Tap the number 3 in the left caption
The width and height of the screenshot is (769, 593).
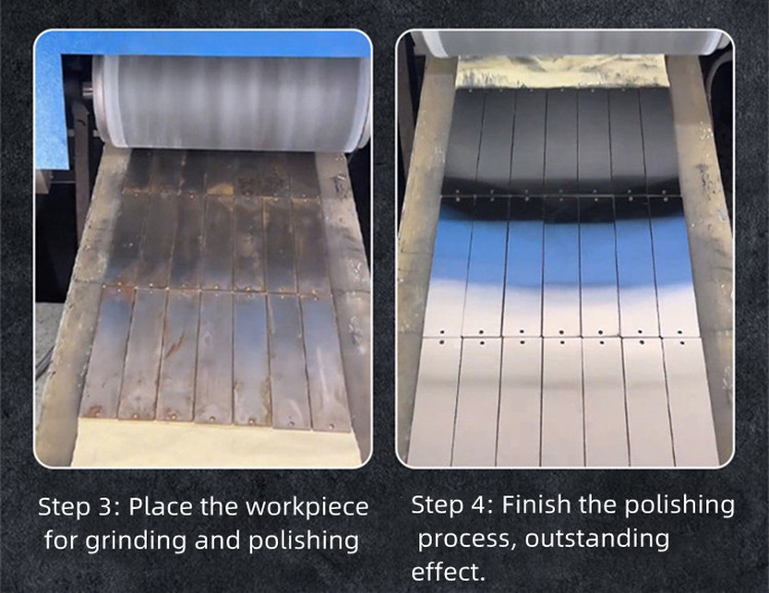[106, 506]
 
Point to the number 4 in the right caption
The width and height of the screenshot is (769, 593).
[480, 505]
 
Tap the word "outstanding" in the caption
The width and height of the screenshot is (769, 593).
[597, 540]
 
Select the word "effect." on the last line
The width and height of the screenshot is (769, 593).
[448, 572]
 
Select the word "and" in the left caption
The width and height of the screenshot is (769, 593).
[219, 540]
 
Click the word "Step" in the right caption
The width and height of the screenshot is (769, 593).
[437, 505]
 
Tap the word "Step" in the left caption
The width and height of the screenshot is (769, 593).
[65, 507]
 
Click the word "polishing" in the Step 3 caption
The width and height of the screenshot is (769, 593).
[304, 541]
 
